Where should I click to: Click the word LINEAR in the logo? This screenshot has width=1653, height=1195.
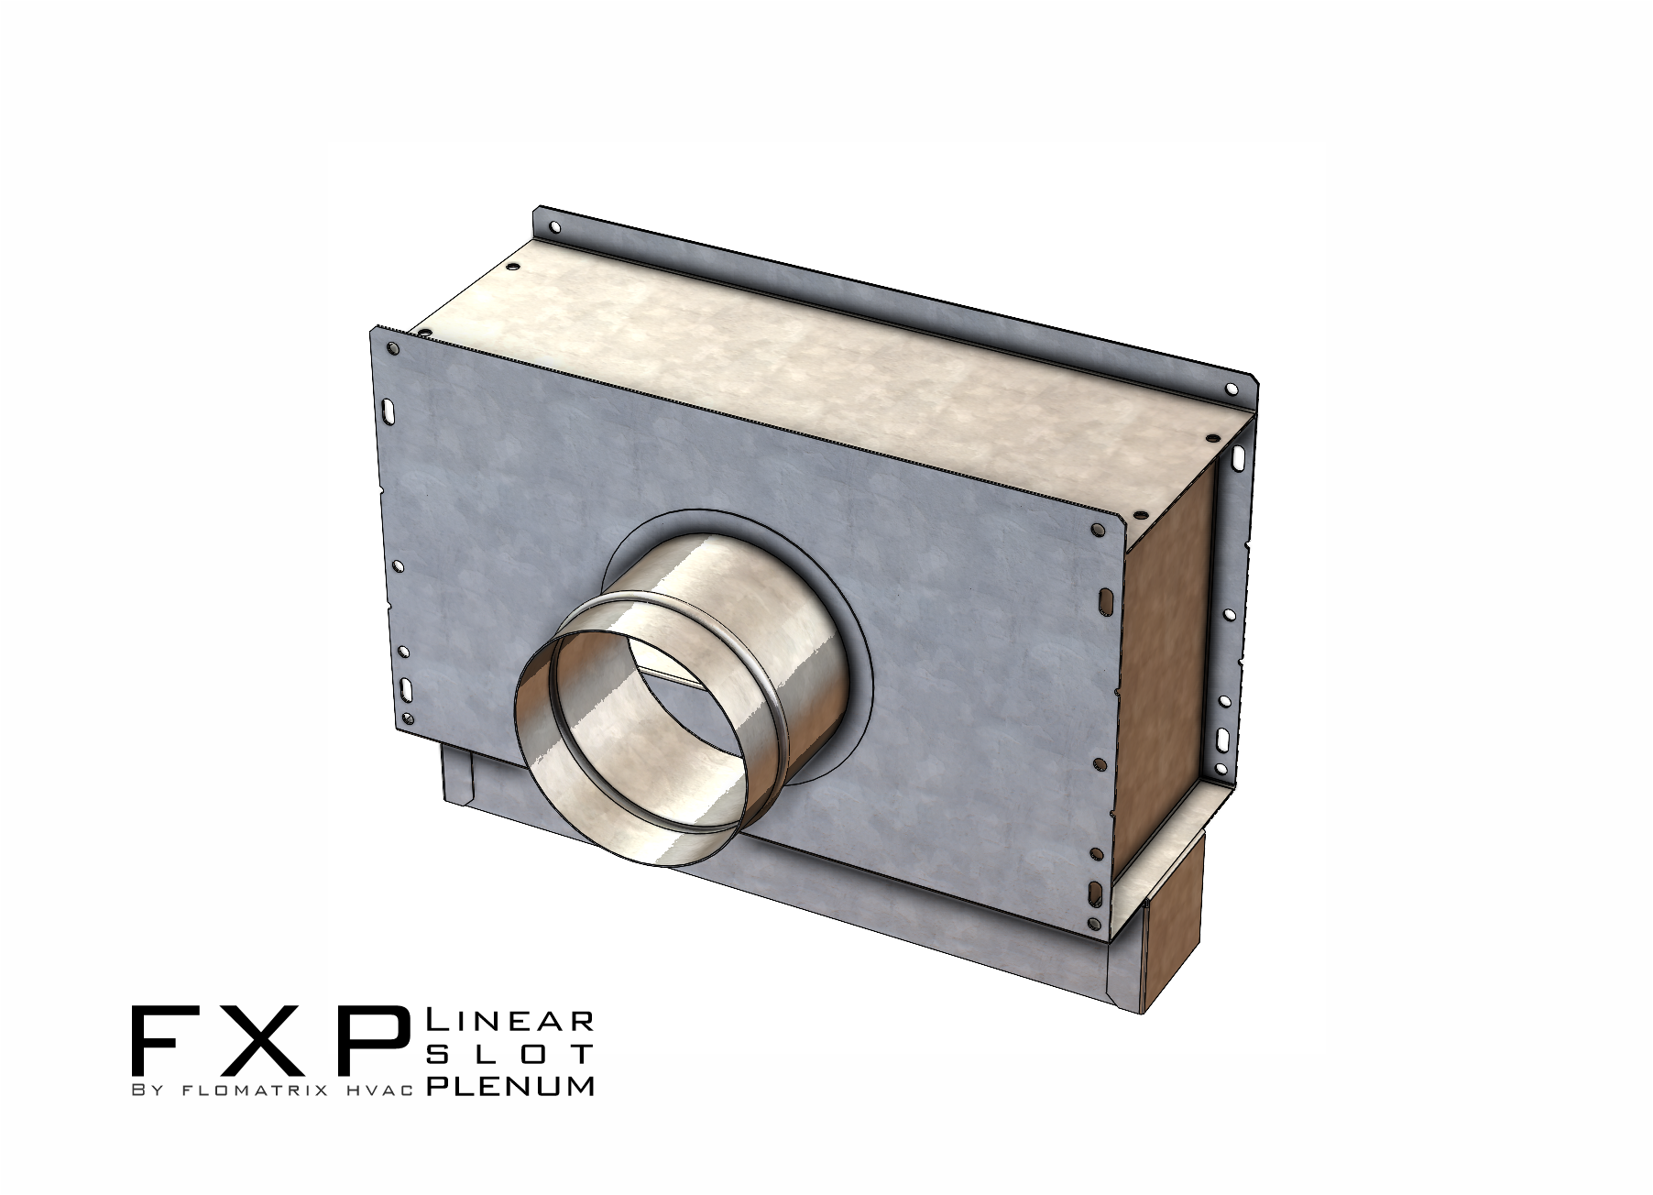(511, 1020)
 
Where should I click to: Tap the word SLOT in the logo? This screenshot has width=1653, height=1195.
(511, 1053)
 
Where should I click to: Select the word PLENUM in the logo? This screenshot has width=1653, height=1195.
(511, 1086)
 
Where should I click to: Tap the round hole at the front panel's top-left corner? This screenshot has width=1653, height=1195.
(393, 349)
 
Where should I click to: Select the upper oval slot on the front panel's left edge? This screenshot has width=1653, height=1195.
(389, 410)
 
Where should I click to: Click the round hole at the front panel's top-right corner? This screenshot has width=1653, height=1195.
(1098, 530)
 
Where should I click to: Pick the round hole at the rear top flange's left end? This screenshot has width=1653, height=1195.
(553, 227)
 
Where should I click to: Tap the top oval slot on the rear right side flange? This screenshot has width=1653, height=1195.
(1238, 456)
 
